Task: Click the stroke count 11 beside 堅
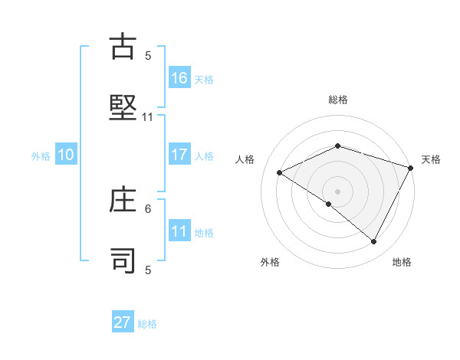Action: click(148, 117)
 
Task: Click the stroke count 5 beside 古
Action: click(148, 56)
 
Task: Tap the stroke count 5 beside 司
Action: click(148, 270)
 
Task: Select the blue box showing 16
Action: click(179, 77)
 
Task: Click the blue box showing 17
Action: click(179, 155)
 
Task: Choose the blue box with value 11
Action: click(179, 231)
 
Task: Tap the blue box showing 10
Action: click(66, 155)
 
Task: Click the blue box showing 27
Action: click(123, 322)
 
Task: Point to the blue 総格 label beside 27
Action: click(147, 324)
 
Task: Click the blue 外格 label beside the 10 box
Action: click(41, 156)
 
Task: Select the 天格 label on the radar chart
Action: click(432, 159)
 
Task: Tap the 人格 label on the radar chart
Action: click(245, 159)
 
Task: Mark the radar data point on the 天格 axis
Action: click(412, 168)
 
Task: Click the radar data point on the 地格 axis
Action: click(374, 242)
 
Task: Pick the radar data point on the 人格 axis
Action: click(280, 173)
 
